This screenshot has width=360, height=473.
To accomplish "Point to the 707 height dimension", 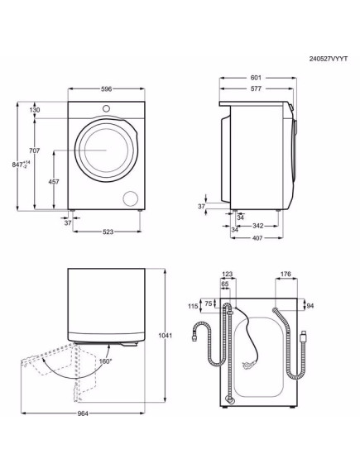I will (x=34, y=150).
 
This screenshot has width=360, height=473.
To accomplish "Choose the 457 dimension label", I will (x=53, y=181).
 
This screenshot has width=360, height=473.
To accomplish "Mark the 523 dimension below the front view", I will (x=102, y=233).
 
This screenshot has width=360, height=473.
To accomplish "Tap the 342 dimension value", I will (x=257, y=225).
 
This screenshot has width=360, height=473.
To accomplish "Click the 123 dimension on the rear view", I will (x=228, y=274).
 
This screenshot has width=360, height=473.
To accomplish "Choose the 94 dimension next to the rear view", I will (x=310, y=305).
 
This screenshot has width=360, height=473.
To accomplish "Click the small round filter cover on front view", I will (x=130, y=197).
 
